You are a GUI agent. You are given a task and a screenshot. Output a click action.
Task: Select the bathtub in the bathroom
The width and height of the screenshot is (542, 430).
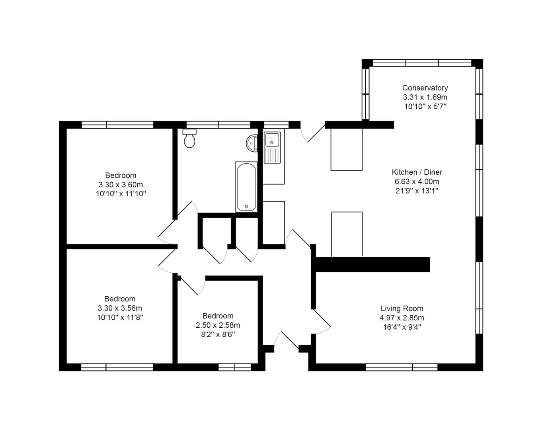pos(246,187)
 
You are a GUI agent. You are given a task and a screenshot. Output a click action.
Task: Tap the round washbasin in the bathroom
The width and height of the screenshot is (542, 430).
pos(252,143)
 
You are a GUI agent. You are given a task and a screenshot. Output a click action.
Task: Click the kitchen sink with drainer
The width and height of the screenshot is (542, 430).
pos(272,148)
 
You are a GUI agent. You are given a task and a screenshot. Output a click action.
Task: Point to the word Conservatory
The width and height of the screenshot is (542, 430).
pos(425,88)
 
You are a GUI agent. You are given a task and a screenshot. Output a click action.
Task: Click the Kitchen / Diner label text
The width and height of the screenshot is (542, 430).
pos(417,172)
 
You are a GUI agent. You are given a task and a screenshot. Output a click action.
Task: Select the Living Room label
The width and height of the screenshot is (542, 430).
pos(402,308)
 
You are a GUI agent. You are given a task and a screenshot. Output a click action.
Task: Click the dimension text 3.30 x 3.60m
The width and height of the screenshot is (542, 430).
pos(121,185)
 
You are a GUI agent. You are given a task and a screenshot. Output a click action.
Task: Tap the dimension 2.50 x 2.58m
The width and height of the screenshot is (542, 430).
pos(218,325)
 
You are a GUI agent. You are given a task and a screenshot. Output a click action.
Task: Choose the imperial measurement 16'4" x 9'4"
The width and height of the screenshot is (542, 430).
pos(402,327)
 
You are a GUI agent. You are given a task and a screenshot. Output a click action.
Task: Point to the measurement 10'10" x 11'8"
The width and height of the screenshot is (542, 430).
pos(120,318)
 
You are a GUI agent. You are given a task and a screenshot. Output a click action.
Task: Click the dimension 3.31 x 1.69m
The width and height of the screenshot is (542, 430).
pos(425,97)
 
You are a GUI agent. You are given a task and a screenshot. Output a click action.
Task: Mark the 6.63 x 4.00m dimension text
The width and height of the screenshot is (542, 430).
pos(417,182)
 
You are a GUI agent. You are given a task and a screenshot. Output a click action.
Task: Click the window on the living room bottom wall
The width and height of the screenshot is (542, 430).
pos(401,367)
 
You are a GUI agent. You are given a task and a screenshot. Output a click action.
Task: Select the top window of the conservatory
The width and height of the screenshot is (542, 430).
pos(422,63)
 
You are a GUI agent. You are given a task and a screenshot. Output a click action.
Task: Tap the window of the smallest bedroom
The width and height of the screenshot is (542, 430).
pos(234,367)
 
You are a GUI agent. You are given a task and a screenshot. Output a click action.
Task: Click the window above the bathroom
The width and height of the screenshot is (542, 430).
pos(218,125)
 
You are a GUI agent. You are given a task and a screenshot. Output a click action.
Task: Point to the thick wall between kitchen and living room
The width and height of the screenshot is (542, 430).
pos(372,264)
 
